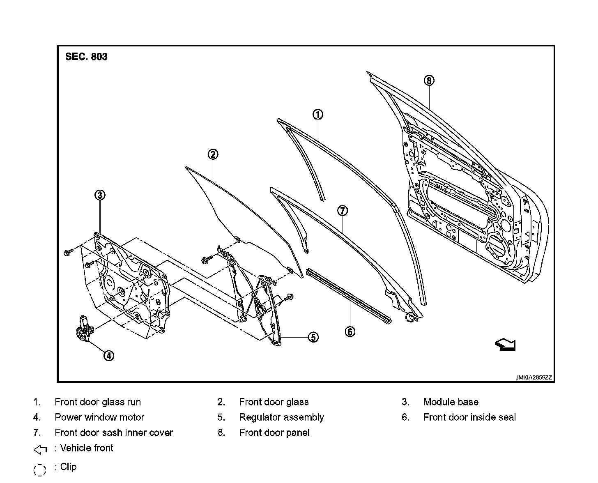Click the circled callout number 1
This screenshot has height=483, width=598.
tap(318, 115)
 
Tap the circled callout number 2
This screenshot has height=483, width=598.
tap(212, 154)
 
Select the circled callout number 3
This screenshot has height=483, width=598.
tap(100, 195)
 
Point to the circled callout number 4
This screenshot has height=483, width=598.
tap(108, 356)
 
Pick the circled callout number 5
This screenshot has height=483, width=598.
tap(313, 337)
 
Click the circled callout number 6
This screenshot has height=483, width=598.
tap(350, 331)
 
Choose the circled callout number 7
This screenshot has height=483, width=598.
tap(343, 211)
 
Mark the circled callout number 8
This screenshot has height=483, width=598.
tap(429, 80)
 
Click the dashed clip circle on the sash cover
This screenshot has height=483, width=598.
tap(409, 317)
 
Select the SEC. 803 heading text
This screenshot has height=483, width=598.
tap(86, 57)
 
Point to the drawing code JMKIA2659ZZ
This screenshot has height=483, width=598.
tap(534, 377)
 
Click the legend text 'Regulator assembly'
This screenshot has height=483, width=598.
tap(281, 417)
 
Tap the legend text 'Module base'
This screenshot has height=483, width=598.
tap(451, 402)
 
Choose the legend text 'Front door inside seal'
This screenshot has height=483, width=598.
tap(469, 417)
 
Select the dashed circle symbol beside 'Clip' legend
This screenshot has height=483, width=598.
tap(39, 469)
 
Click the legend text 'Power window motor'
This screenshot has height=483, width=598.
tap(99, 417)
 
